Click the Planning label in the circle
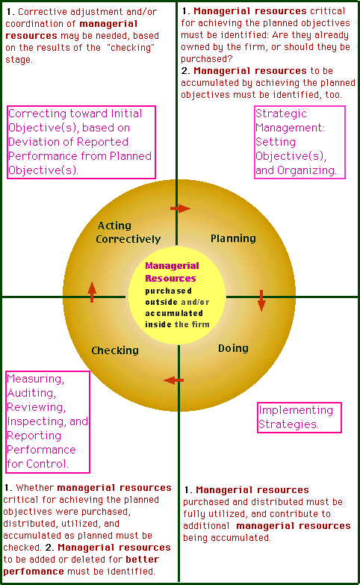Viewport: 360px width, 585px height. [x=233, y=239]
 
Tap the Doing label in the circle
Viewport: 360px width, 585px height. [x=233, y=348]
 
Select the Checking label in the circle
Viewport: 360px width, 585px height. [x=115, y=350]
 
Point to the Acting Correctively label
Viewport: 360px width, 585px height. [x=128, y=232]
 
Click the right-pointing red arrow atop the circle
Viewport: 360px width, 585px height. [x=180, y=208]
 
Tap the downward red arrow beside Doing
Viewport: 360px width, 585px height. [x=261, y=300]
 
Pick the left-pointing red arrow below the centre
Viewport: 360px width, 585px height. [x=174, y=380]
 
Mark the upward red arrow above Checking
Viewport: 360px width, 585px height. [x=92, y=292]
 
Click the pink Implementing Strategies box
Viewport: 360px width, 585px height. [x=300, y=418]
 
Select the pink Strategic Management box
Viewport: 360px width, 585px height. [x=300, y=142]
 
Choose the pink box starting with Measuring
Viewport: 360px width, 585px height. [x=48, y=421]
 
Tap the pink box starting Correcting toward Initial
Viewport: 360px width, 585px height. [x=81, y=142]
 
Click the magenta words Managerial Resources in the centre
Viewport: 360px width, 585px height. [x=172, y=272]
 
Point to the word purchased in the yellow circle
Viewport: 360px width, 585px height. [x=168, y=291]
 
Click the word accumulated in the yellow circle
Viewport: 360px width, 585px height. [x=174, y=313]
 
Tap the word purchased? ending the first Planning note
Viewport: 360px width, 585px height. [x=207, y=59]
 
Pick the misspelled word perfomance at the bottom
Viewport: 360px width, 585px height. [x=34, y=572]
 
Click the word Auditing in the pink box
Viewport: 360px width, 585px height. [x=31, y=393]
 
